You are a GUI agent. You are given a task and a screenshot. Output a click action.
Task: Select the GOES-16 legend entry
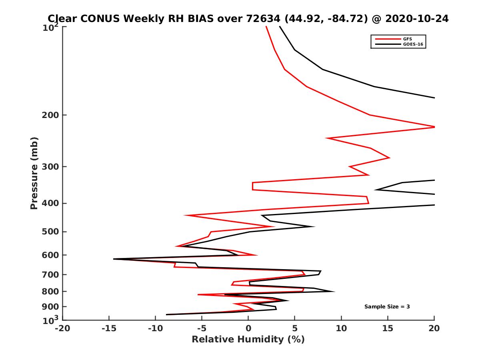pyautogui.click(x=414, y=44)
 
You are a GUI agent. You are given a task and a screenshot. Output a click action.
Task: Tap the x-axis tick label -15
pyautogui.click(x=108, y=329)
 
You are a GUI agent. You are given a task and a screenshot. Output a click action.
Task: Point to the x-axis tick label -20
pyautogui.click(x=62, y=329)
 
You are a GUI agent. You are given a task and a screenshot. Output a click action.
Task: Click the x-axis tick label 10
pyautogui.click(x=341, y=329)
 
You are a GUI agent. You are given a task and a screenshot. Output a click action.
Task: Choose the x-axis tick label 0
pyautogui.click(x=248, y=329)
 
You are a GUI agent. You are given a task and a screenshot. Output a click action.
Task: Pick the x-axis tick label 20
pyautogui.click(x=434, y=329)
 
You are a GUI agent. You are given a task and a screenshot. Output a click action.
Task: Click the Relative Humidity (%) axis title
pyautogui.click(x=248, y=340)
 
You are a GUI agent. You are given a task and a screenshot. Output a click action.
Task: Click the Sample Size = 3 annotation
pyautogui.click(x=387, y=307)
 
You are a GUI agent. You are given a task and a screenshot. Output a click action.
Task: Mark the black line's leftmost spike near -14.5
pyautogui.click(x=114, y=259)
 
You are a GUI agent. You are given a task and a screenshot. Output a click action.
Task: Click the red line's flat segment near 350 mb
pyautogui.click(x=252, y=186)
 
